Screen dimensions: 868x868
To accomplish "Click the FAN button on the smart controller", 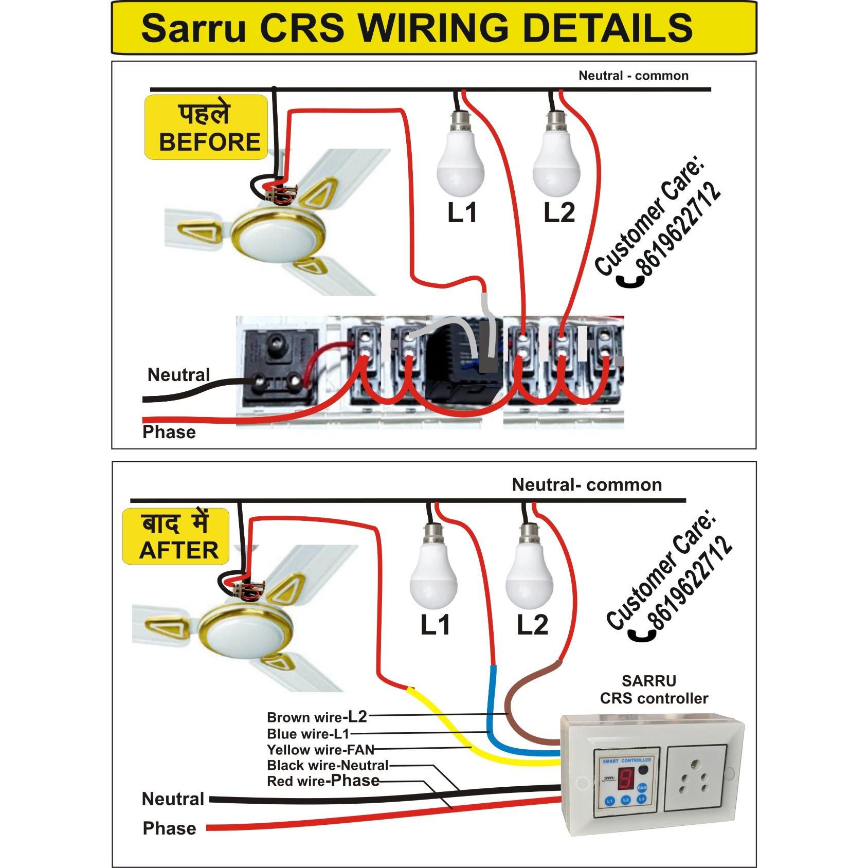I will [x=642, y=787].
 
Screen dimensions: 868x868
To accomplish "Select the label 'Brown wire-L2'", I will [x=317, y=716].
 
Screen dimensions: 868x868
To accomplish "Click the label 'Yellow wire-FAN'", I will [x=320, y=749].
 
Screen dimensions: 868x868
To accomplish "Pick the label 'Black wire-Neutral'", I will [x=328, y=765].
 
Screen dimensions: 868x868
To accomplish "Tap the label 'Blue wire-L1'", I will [x=308, y=733].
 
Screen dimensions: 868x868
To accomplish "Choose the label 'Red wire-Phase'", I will [x=323, y=781].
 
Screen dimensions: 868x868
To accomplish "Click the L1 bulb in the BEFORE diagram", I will [x=461, y=165].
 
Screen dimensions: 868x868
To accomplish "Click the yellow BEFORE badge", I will [x=206, y=128].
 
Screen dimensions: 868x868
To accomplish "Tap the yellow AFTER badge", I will [x=176, y=536].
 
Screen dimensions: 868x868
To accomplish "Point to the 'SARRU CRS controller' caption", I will [x=654, y=690].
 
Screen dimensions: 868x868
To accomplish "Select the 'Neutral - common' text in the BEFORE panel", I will [x=633, y=76].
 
